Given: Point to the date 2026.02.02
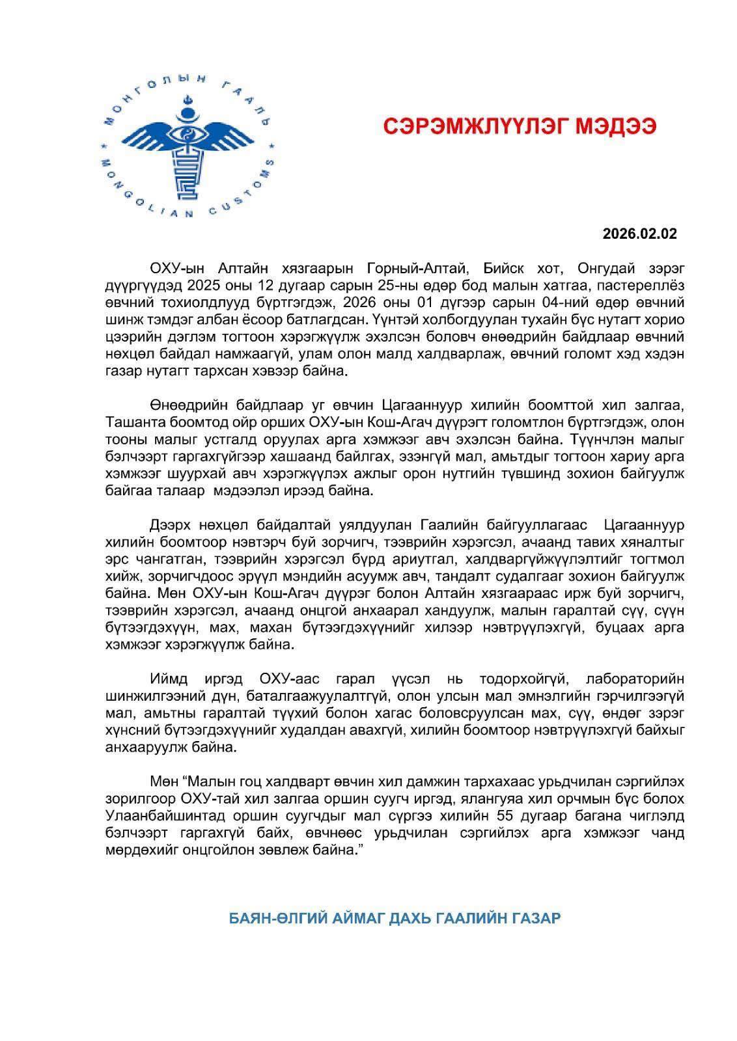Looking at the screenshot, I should coord(639,234).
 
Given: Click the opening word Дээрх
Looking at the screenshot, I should coord(168,524).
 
